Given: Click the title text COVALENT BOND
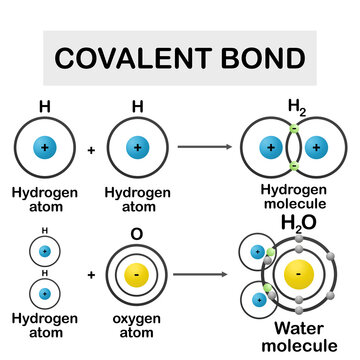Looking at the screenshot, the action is [x=180, y=59].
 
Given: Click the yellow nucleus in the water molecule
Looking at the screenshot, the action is [x=296, y=273].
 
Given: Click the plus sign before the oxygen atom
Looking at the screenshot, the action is [x=91, y=273].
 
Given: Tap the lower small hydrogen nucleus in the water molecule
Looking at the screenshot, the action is [x=256, y=296].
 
